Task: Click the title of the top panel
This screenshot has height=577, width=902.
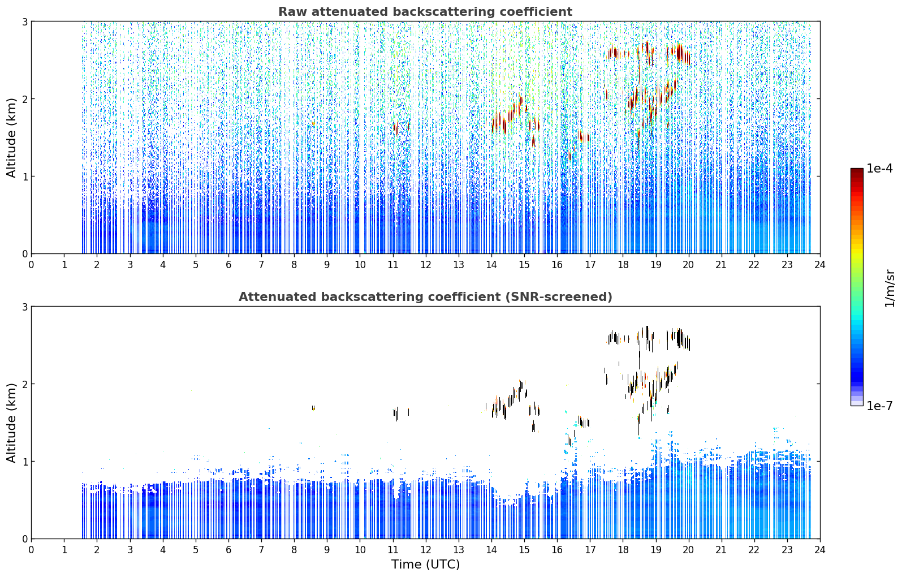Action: point(425,12)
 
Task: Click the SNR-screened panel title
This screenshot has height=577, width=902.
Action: point(425,296)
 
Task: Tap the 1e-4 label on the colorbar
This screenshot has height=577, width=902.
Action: point(879,169)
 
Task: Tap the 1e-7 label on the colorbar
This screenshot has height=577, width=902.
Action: point(879,406)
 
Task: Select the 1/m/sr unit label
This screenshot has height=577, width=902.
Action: point(889,289)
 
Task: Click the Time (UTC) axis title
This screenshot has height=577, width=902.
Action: point(425,564)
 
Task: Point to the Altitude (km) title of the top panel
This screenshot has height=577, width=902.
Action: point(11,137)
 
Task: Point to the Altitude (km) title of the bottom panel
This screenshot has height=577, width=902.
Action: point(11,423)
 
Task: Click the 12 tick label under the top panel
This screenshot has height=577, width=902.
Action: point(426,265)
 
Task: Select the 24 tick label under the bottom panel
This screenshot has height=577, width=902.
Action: point(820,550)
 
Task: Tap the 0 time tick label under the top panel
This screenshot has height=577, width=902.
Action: point(32,265)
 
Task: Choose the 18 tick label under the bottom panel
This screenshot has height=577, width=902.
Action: point(623,550)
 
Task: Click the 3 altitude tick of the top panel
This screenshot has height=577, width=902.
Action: point(24,21)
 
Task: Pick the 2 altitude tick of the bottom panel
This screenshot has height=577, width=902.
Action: point(24,384)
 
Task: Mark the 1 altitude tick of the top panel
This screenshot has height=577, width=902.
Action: point(24,176)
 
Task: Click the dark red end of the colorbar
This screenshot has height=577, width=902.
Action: point(857,171)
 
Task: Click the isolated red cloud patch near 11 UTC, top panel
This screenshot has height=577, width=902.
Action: point(396,128)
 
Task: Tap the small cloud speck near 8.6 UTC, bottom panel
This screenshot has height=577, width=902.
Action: point(313,408)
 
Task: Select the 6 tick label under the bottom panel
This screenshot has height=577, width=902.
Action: point(228,550)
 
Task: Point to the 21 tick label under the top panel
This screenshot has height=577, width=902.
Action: point(721,265)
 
